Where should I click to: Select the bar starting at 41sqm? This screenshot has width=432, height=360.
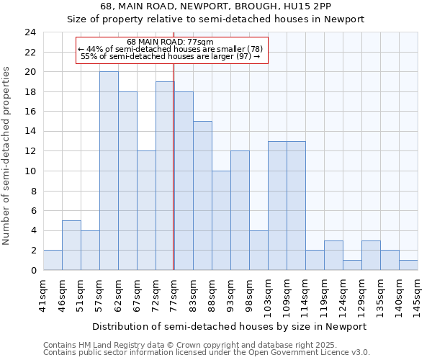pos(53,260)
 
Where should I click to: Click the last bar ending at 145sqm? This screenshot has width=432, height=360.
pos(408,265)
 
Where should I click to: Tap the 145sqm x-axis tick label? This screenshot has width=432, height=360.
pos(418,293)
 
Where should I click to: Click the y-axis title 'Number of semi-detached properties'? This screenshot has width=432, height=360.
pos(7,156)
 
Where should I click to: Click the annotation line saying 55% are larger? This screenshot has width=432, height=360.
pos(170,55)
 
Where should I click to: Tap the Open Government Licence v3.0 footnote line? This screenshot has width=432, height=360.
pos(207,352)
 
